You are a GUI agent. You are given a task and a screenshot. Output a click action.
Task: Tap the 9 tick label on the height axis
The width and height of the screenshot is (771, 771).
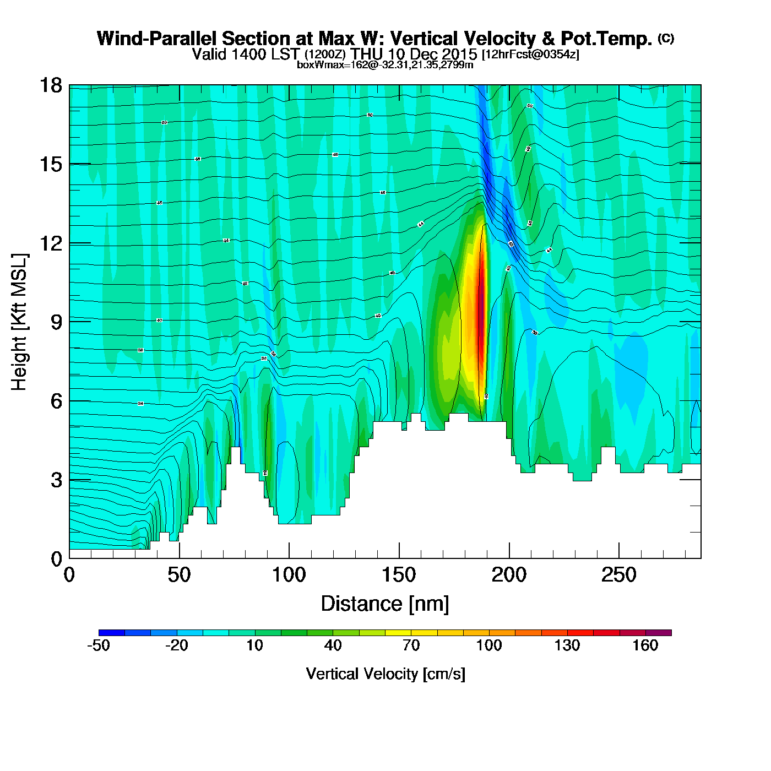56,322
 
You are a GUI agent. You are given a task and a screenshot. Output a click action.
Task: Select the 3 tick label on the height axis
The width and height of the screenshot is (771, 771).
56,480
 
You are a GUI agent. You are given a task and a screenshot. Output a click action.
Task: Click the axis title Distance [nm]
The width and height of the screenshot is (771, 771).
385,604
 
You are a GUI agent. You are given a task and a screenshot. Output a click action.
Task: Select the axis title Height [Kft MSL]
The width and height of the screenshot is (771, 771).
19,322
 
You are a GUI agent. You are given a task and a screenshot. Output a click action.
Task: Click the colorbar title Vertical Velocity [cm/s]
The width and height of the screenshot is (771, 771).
385,674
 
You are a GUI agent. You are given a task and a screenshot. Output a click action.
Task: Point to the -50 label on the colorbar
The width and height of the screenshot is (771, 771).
99,645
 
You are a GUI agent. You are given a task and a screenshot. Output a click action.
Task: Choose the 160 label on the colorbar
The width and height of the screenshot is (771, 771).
645,645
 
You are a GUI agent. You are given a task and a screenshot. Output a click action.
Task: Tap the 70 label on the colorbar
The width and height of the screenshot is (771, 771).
411,645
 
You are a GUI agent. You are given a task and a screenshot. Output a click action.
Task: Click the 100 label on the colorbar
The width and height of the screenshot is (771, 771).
489,645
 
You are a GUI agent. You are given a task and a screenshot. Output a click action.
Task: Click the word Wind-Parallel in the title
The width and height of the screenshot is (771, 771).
156,39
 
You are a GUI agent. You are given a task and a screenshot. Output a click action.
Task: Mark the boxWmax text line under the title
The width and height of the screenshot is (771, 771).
385,65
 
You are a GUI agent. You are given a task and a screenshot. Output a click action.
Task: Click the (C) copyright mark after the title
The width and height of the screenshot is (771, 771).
666,38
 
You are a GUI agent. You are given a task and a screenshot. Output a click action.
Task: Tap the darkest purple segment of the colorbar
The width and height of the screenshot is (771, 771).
659,633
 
